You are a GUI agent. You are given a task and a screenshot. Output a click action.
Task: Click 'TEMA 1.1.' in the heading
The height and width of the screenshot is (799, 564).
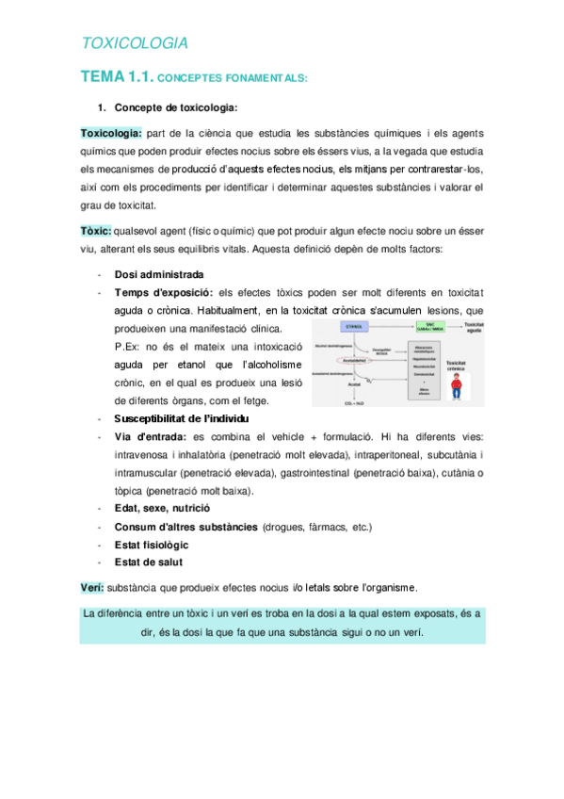tap(115, 77)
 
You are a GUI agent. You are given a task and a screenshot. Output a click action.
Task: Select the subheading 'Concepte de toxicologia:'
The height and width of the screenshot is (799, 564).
tap(175, 106)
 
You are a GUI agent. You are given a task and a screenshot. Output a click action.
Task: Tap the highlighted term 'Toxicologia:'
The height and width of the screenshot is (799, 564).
tap(111, 134)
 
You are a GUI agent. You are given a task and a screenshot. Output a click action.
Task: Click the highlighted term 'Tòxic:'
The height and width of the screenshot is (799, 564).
tap(96, 231)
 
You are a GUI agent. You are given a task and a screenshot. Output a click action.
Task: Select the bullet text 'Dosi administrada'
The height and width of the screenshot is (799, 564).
tap(158, 274)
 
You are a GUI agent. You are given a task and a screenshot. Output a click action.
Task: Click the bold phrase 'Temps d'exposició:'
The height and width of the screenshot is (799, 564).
tap(163, 292)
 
